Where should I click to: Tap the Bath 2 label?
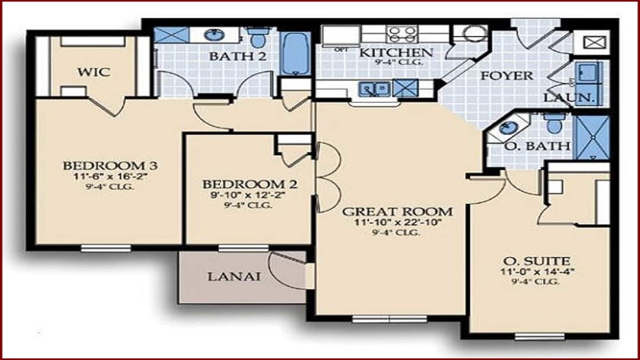[x=238, y=56]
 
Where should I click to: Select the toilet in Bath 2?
[x=258, y=37]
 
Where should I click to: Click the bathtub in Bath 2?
[x=295, y=54]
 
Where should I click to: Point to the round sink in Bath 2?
[x=214, y=35]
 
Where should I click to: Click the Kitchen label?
[x=396, y=52]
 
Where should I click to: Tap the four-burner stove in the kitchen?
[x=402, y=34]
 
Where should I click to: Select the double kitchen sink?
[x=375, y=89]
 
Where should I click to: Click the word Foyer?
[x=507, y=76]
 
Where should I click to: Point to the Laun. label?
[x=568, y=98]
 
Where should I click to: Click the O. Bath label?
[x=537, y=146]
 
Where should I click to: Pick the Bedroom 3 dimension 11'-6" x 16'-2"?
[x=111, y=176]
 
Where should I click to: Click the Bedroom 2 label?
[x=250, y=184]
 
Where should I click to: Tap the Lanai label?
[x=234, y=277]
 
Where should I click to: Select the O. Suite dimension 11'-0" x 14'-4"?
[x=537, y=272]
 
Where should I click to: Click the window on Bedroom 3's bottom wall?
[x=106, y=248]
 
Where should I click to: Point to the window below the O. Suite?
[x=540, y=337]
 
